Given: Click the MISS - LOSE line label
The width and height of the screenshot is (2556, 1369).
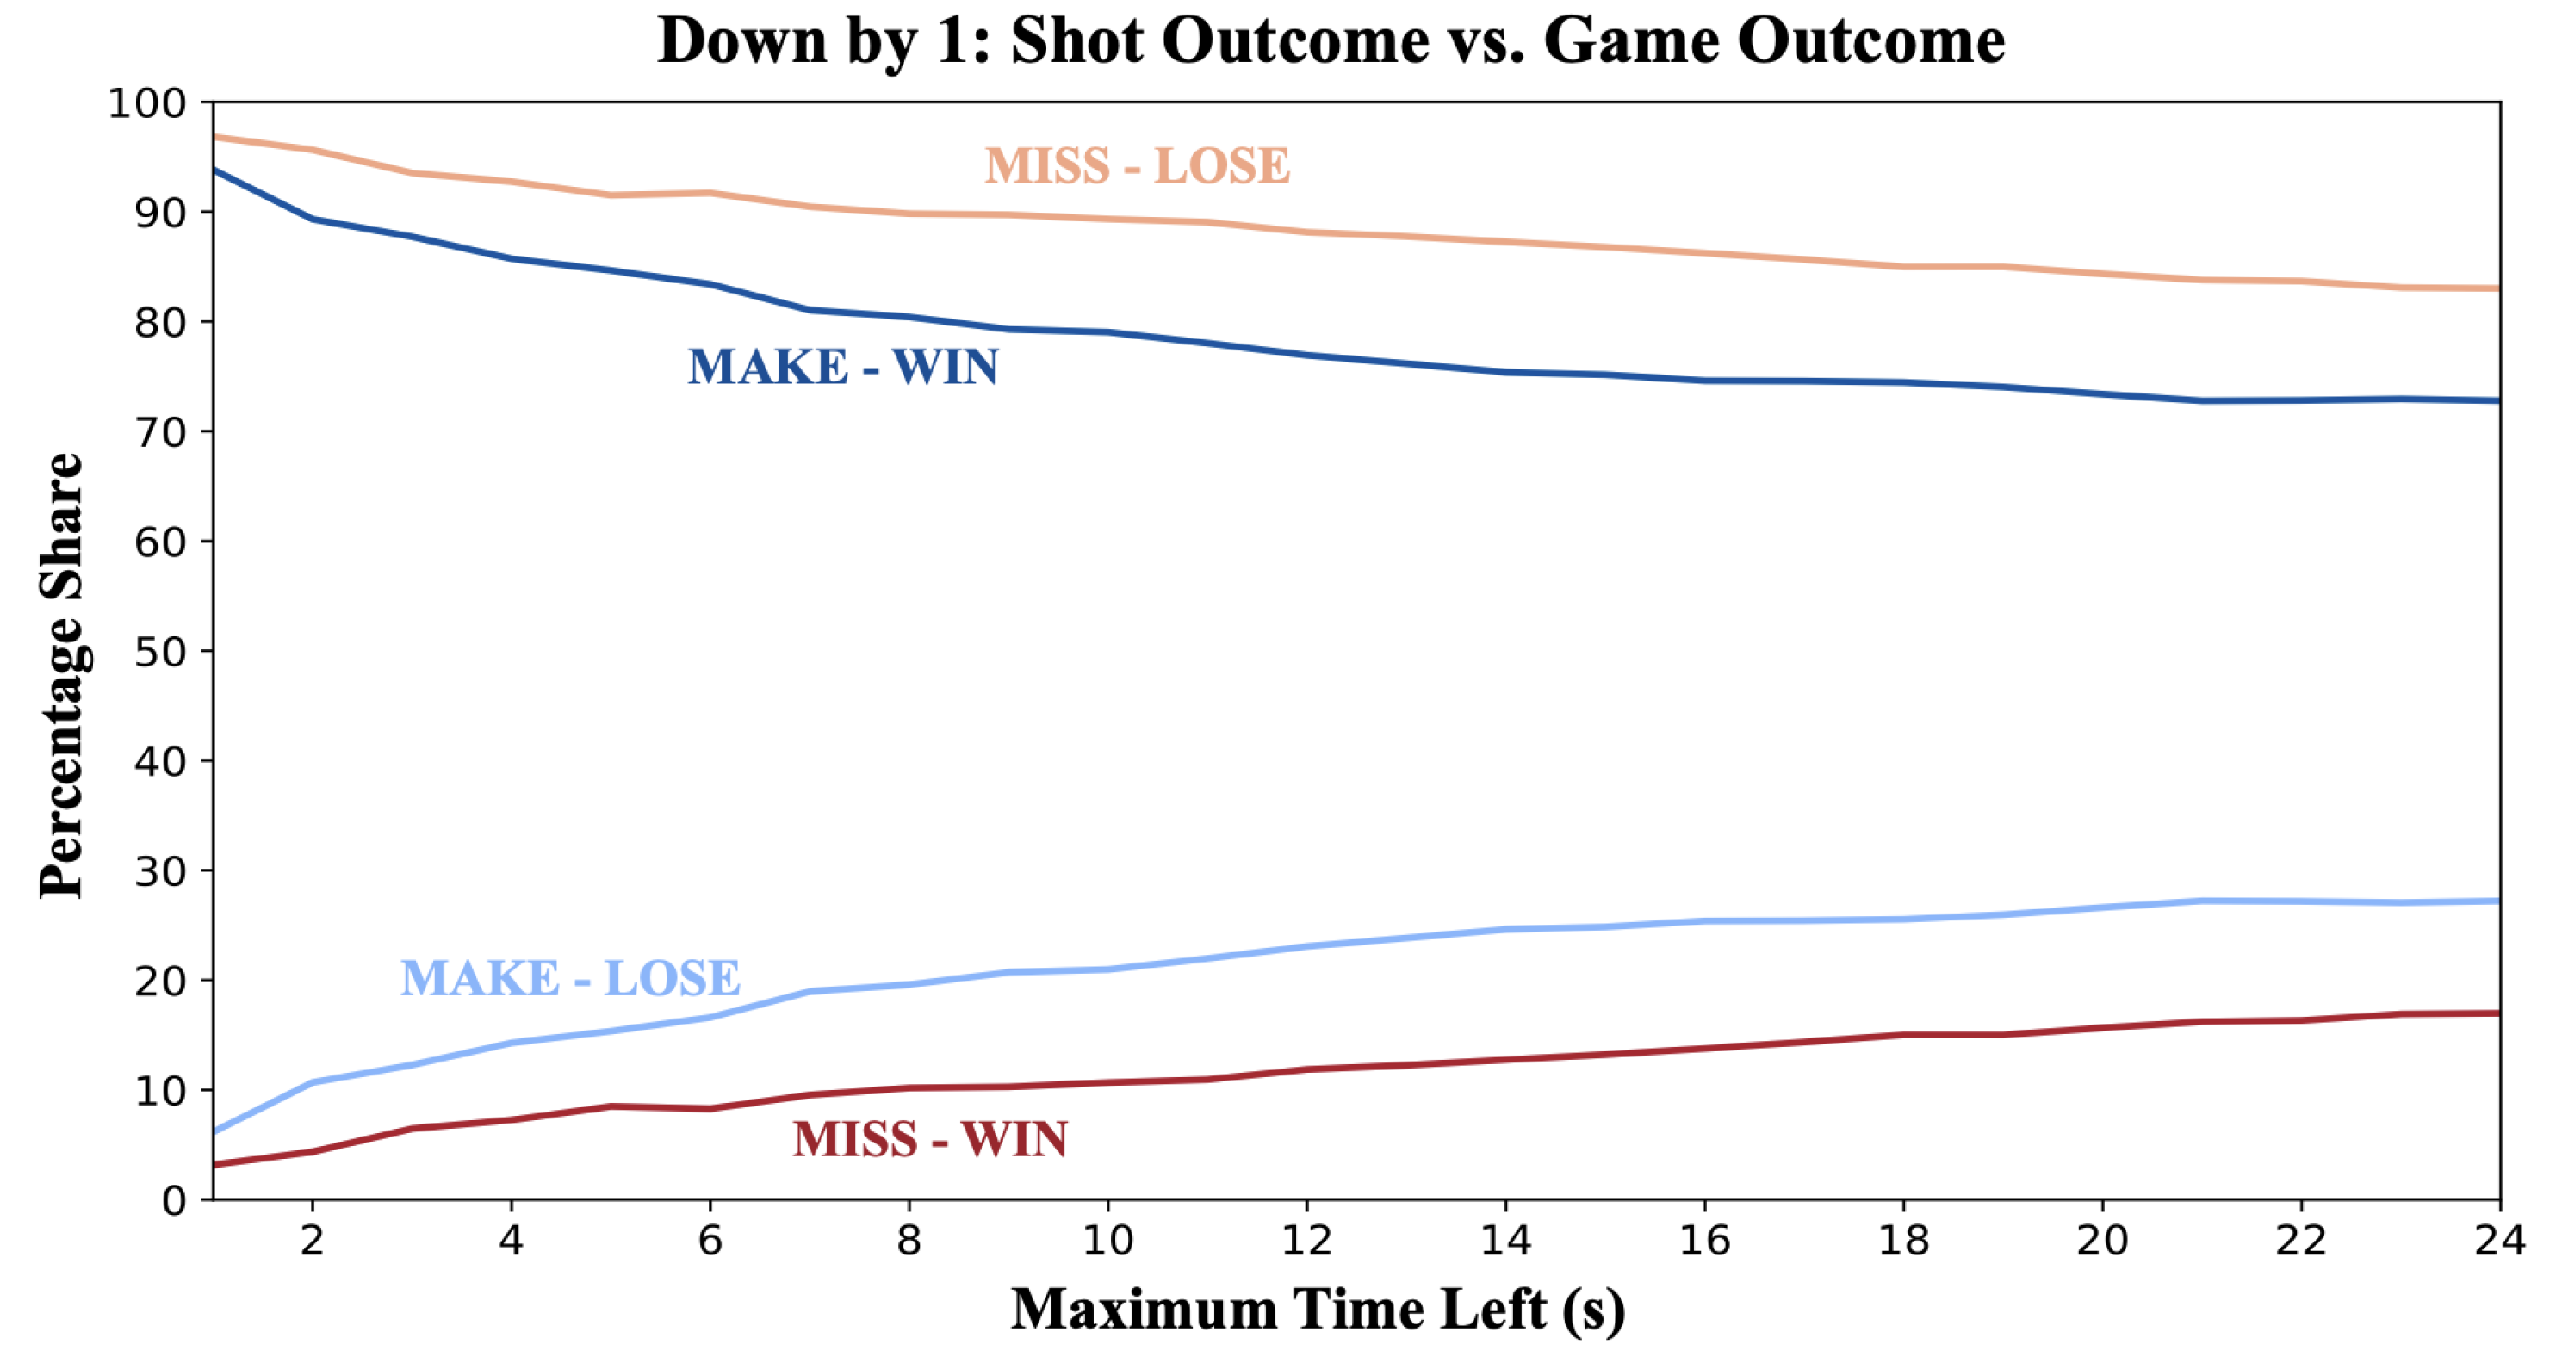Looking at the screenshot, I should [1137, 165].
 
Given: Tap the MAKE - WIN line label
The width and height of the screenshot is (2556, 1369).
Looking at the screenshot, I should [842, 367].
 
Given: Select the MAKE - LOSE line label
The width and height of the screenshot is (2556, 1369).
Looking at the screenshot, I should [570, 978].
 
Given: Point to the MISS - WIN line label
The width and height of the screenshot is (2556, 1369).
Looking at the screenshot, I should [930, 1139].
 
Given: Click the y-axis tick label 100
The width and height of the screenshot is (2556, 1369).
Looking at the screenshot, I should [147, 103].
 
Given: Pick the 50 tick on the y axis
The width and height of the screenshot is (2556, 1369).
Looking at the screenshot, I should [160, 652].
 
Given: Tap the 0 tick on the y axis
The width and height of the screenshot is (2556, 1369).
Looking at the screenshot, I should [174, 1201].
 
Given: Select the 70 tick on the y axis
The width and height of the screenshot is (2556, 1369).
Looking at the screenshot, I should [160, 432].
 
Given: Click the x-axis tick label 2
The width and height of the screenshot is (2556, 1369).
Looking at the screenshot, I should [313, 1241].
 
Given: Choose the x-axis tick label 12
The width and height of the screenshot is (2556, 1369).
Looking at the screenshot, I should [1306, 1241].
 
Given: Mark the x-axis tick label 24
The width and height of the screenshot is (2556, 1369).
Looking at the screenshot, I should [2499, 1241].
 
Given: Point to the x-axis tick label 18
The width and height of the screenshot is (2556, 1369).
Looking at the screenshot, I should [1903, 1241].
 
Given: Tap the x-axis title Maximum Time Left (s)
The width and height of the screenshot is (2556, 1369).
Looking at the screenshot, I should [1318, 1310].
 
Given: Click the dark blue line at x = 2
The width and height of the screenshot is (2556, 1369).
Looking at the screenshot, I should [313, 218].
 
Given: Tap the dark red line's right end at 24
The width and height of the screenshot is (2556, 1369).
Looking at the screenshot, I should [2496, 1013].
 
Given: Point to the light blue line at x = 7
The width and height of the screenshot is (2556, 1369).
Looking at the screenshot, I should [810, 991].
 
